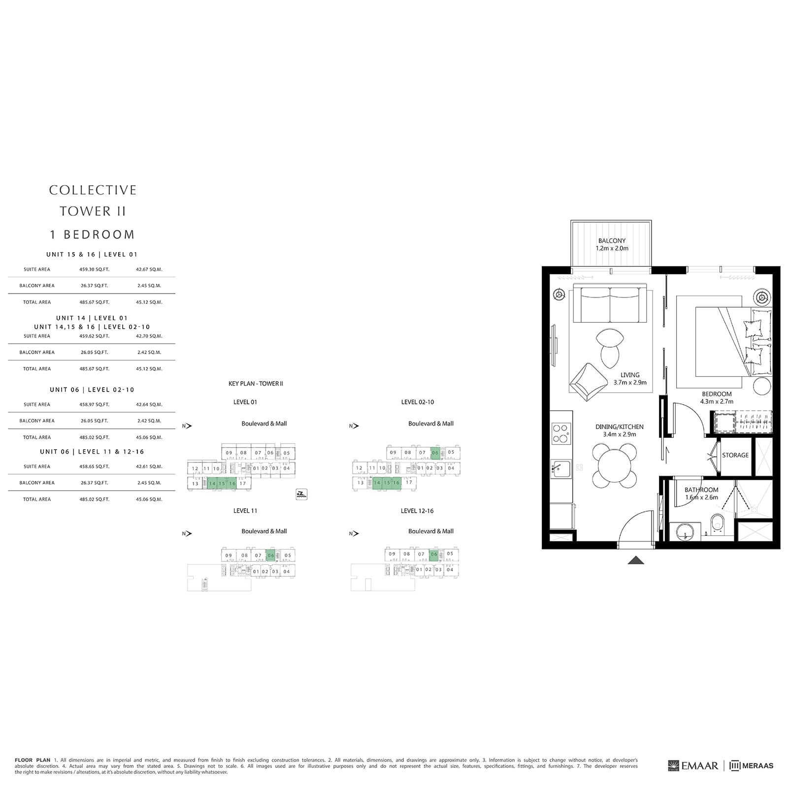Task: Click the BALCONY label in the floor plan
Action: pos(612,241)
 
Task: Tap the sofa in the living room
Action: pos(610,304)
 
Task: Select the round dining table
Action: pos(615,465)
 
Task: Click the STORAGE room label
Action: pos(735,455)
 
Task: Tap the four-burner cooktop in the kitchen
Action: pos(561,433)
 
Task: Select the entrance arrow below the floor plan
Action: pos(636,559)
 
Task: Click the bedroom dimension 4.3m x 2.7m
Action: pos(717,401)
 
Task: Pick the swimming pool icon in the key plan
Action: pos(301,494)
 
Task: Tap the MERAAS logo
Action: pos(752,766)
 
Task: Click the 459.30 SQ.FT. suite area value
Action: pos(95,269)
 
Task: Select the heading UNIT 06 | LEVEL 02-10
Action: pos(92,390)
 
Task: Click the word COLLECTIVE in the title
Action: pos(93,190)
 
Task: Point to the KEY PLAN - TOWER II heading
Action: pos(256,384)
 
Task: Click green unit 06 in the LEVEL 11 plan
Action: pos(270,556)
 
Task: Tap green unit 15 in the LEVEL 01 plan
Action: pos(222,484)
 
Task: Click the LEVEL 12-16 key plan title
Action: pos(417,511)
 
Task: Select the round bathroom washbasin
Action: pos(685,531)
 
